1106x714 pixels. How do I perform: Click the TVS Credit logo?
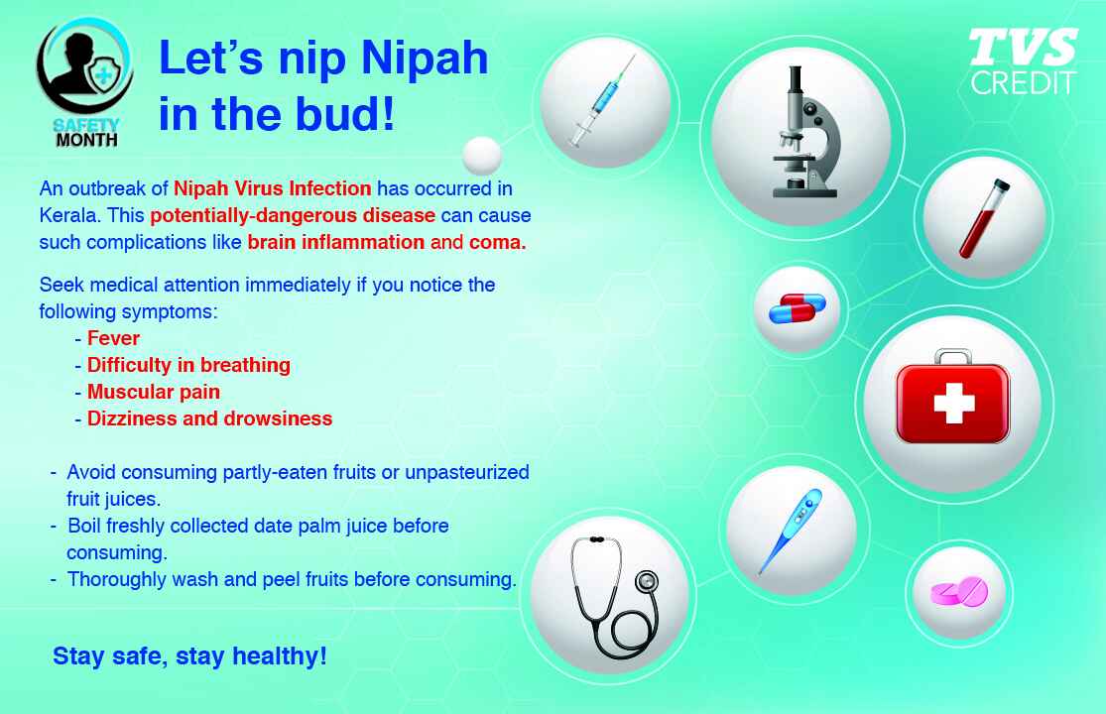click(1023, 61)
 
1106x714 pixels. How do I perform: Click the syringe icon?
click(602, 101)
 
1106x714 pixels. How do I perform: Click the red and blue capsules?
click(798, 308)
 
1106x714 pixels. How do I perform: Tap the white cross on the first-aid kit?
click(953, 404)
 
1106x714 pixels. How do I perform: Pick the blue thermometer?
click(791, 531)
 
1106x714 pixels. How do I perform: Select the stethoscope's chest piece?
click(646, 582)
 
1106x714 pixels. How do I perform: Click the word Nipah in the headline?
click(424, 58)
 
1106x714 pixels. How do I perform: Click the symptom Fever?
click(113, 338)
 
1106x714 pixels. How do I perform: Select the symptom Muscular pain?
click(153, 392)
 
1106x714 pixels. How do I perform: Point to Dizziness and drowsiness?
click(209, 418)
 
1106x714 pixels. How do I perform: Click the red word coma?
click(497, 243)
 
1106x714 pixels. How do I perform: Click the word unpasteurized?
click(467, 472)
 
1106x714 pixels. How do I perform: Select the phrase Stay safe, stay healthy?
click(189, 656)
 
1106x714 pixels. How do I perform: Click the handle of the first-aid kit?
click(953, 356)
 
